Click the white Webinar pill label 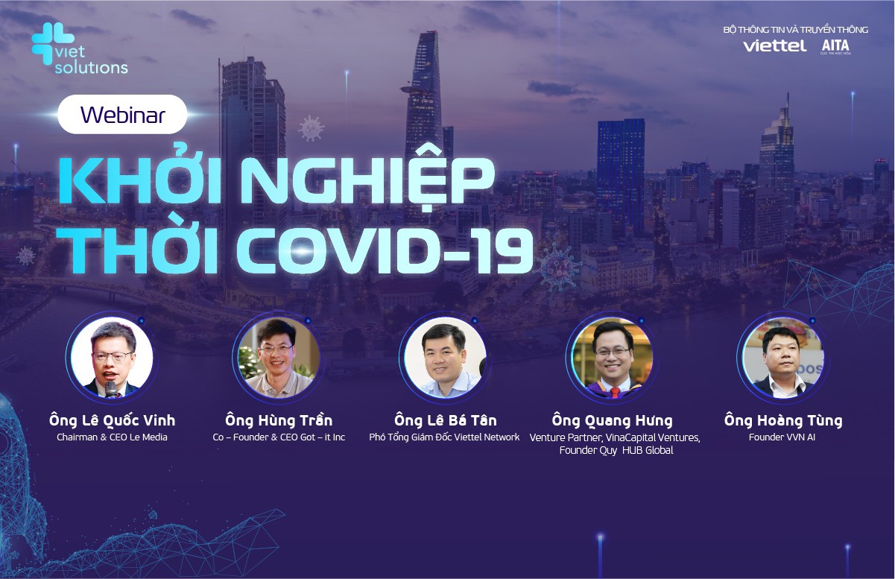point(122,115)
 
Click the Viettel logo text point(774,46)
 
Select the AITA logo point(835,46)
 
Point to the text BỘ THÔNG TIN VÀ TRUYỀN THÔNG point(795,30)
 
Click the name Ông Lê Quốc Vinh point(112,420)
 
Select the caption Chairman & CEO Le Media point(112,437)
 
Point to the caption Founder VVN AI point(782,437)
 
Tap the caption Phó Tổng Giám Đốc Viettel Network point(444,437)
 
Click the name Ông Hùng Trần point(278,420)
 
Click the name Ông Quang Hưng point(612,420)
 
